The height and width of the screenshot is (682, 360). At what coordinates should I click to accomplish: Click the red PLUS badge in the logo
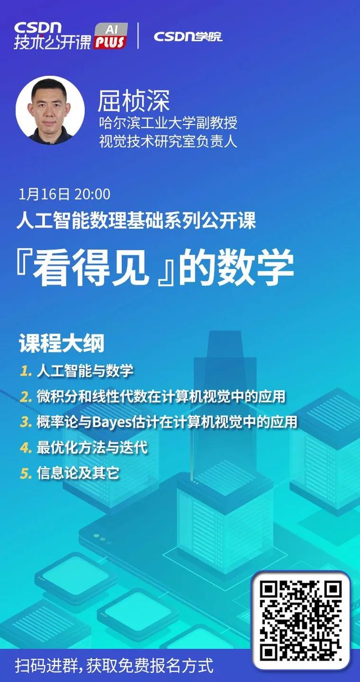(x=110, y=42)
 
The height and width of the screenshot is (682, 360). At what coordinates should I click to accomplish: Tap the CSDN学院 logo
(x=188, y=37)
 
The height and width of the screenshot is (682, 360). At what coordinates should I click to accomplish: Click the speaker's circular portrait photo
(x=50, y=110)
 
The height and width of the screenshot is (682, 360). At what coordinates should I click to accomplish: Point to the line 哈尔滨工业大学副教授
(x=168, y=123)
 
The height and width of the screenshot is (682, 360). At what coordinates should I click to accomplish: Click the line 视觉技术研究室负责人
(x=168, y=141)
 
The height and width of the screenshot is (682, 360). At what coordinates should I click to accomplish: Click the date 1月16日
(x=44, y=194)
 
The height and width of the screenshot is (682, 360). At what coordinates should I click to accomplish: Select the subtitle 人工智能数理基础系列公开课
(x=136, y=220)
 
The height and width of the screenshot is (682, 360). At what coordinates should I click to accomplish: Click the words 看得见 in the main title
(x=91, y=267)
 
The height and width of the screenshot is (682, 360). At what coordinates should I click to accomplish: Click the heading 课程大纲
(x=62, y=343)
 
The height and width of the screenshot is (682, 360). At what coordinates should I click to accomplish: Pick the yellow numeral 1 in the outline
(x=25, y=371)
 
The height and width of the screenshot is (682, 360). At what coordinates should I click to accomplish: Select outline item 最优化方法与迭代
(x=92, y=447)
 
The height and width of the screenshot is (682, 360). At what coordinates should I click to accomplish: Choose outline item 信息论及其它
(x=78, y=473)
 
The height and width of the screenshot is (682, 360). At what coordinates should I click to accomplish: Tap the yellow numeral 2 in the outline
(x=26, y=397)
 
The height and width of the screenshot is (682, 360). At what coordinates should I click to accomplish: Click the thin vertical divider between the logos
(x=138, y=35)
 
